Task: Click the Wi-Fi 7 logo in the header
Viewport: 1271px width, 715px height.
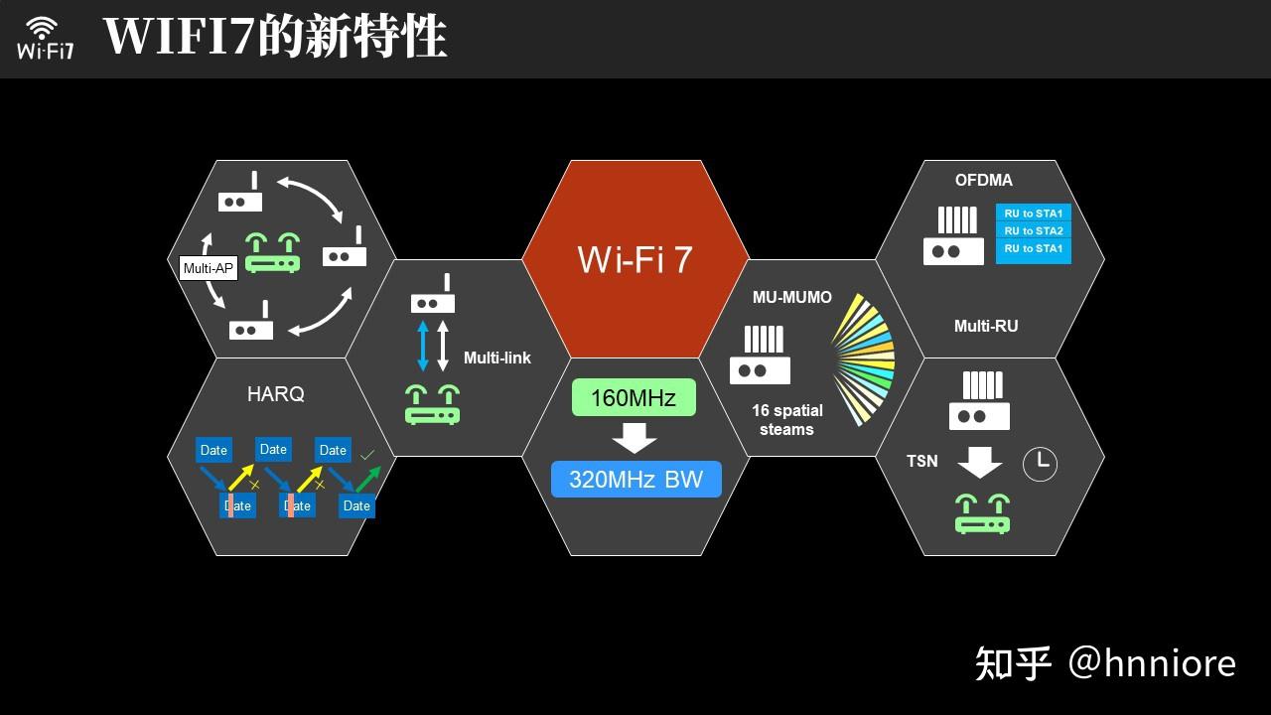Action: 45,38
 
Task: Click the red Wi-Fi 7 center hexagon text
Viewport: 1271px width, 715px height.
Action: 635,260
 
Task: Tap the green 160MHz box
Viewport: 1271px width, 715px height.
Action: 634,398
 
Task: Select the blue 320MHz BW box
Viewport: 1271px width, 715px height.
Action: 635,480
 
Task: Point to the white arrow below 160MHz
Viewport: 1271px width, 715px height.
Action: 635,438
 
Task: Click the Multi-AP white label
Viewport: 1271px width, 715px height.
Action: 209,268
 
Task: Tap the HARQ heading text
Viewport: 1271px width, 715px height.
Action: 275,394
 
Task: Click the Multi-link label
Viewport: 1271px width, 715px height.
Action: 496,357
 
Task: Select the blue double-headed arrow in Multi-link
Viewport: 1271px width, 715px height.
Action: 423,346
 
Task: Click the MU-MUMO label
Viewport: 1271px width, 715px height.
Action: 791,298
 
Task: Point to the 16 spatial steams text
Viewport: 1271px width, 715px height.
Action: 786,420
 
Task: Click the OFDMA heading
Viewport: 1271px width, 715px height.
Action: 983,181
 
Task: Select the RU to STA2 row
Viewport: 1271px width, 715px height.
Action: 1033,230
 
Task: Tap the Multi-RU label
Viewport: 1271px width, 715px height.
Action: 985,326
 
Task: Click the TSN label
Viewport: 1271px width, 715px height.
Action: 921,461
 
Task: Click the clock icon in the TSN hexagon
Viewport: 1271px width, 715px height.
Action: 1040,464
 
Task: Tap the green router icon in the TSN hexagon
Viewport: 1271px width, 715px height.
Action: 982,513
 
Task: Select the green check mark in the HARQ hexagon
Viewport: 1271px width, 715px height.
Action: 367,455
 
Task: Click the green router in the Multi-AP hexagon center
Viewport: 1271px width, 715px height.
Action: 273,253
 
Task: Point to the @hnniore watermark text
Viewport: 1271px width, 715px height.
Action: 1152,662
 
